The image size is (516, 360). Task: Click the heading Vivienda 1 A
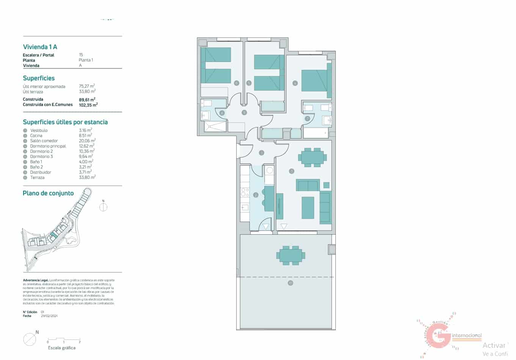coord(40,47)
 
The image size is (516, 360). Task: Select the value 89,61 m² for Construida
coord(87,99)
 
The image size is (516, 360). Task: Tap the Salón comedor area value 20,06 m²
coord(87,141)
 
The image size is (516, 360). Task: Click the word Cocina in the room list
coord(36,136)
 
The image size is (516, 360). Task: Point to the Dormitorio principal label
coord(48,146)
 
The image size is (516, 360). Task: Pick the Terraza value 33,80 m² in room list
coord(87,177)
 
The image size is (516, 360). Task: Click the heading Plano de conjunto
coord(48,193)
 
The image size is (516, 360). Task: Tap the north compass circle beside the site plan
coord(103,207)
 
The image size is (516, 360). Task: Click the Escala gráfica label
coord(61,348)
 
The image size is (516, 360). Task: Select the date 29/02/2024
coord(49,316)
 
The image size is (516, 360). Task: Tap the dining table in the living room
coord(313,157)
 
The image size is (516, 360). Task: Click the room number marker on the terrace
coord(290,283)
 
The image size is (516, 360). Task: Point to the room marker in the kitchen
coord(256,195)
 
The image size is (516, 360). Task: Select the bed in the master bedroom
coord(315,83)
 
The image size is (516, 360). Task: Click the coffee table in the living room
coord(308,207)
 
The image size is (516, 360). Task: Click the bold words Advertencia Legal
coord(35,280)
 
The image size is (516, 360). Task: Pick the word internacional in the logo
coord(467,335)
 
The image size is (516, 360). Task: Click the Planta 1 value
coord(86,60)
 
